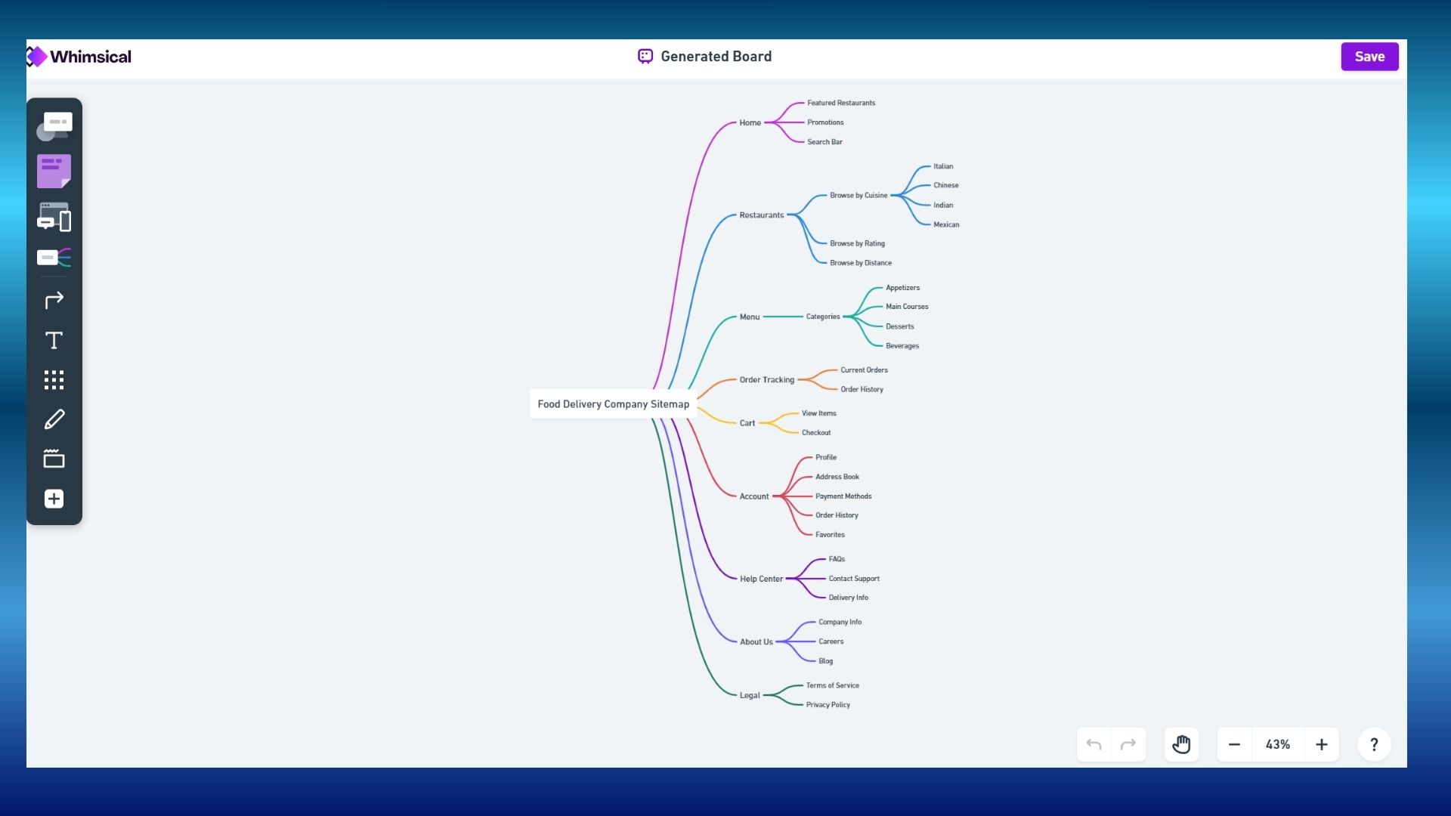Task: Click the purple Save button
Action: pos(1369,57)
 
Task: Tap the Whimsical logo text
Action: pos(90,57)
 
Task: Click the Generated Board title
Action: pos(716,57)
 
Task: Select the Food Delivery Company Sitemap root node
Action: pos(613,404)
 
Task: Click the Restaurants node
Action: pos(761,215)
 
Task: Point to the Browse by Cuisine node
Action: pos(859,196)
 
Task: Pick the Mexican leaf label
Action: pos(945,224)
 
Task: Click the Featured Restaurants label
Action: pos(840,103)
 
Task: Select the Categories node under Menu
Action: pos(822,317)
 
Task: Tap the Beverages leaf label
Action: pos(902,346)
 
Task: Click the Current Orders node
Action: pos(864,370)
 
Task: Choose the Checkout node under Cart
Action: pos(815,433)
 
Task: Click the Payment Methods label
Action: pos(843,496)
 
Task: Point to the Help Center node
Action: pos(761,579)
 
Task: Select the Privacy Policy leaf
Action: pos(828,705)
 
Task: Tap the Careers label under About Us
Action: pos(831,641)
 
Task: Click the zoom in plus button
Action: pos(1321,745)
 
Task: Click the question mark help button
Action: pos(1374,745)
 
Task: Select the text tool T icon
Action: pos(54,341)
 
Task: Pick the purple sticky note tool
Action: pos(54,172)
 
